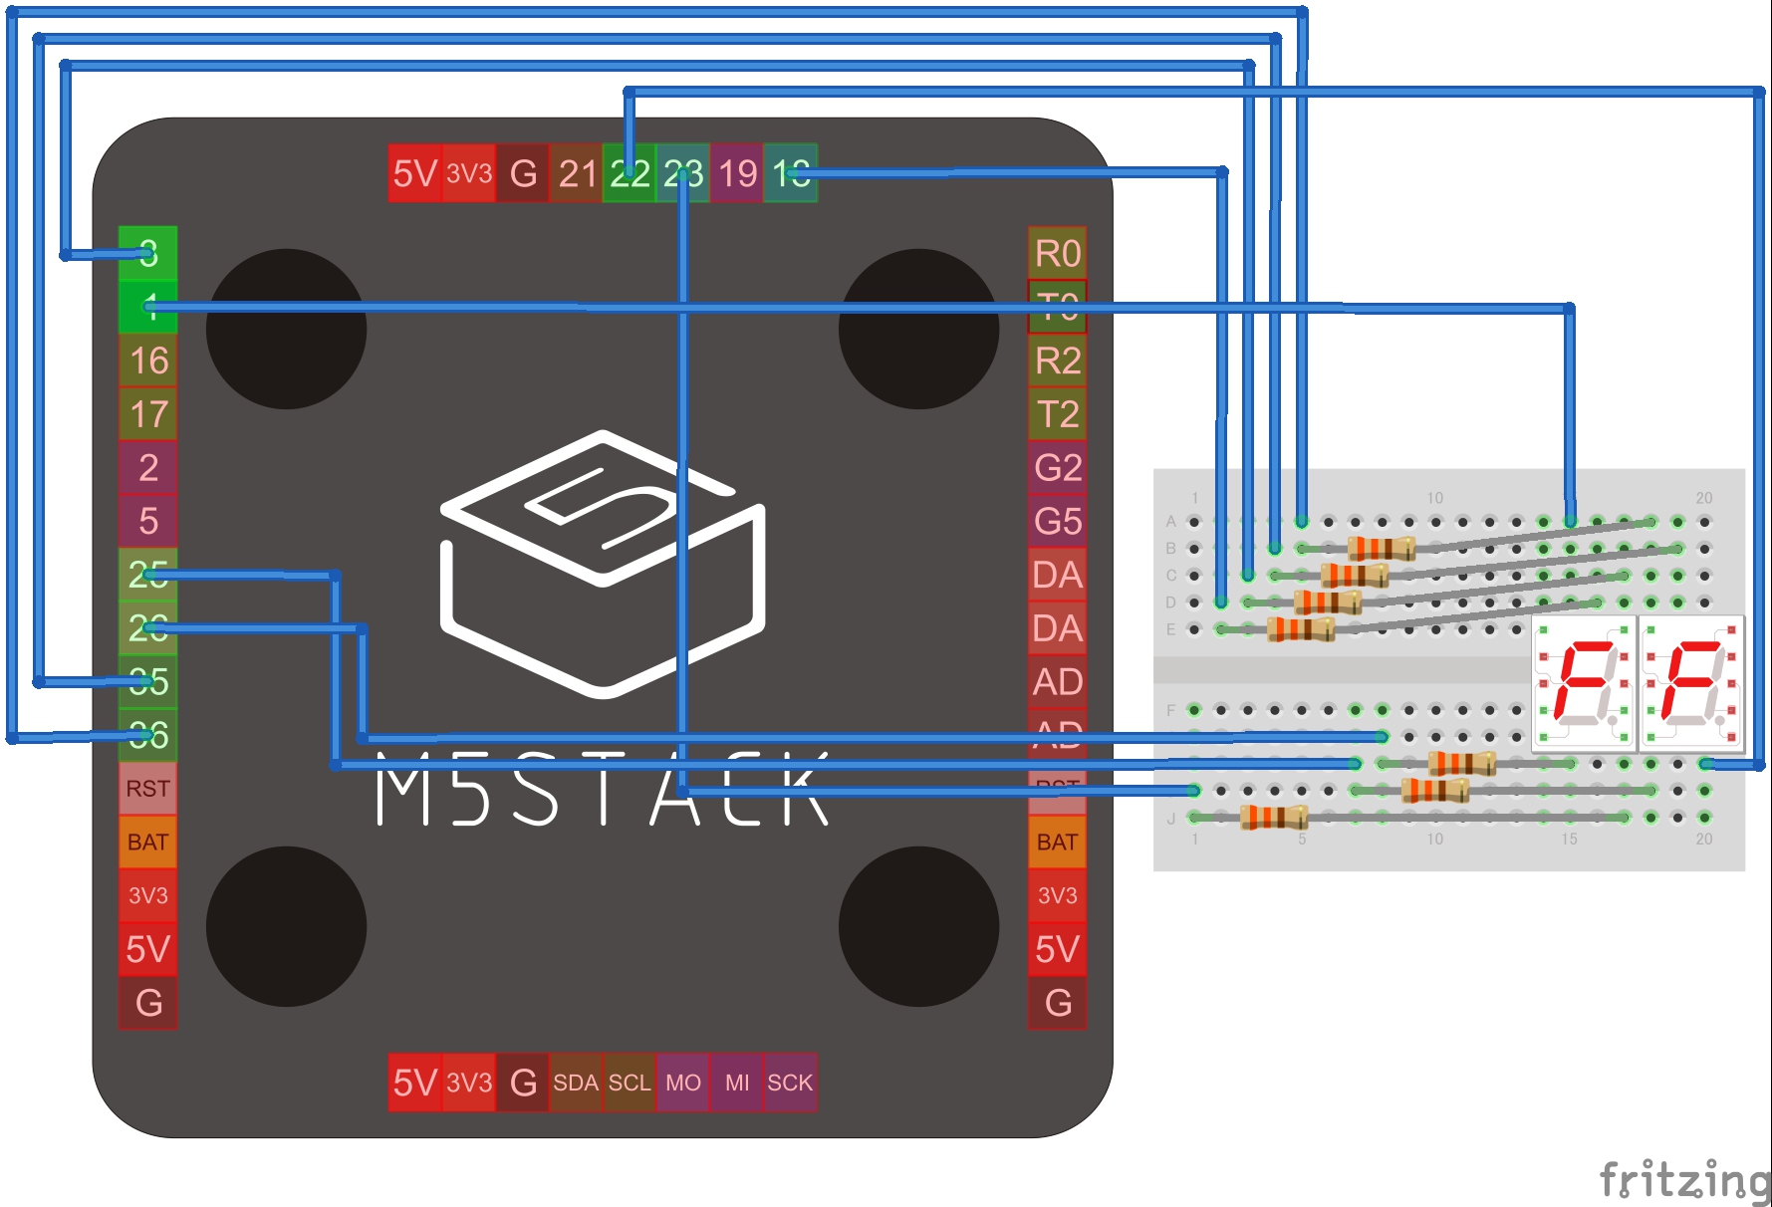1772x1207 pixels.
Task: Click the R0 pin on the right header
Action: [x=1057, y=253]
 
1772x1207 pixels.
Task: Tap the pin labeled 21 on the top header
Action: [x=577, y=174]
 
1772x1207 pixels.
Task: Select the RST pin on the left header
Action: [x=147, y=789]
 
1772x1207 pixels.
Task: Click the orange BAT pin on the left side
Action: [x=147, y=843]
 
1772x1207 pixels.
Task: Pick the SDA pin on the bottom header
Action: [x=576, y=1083]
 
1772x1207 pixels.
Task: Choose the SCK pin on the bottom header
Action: [x=790, y=1083]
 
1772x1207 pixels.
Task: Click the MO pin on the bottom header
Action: [x=683, y=1083]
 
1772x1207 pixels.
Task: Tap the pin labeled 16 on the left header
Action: [x=148, y=361]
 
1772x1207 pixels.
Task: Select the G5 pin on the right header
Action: [x=1057, y=521]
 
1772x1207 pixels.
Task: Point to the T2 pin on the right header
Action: [x=1057, y=414]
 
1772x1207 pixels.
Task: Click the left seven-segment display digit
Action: [x=1583, y=683]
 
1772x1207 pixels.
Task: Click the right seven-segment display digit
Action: [x=1691, y=683]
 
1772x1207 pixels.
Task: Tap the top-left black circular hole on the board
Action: [x=286, y=329]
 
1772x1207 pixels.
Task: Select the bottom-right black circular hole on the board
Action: [x=918, y=926]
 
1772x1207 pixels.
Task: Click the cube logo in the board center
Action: [x=603, y=563]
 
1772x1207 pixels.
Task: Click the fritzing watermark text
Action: [x=1683, y=1181]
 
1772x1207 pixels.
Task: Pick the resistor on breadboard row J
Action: [x=1273, y=818]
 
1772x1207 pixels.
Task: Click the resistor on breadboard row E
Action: [x=1300, y=628]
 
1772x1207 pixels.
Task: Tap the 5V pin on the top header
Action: [x=414, y=174]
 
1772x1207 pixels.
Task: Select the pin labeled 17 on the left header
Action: [x=148, y=414]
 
